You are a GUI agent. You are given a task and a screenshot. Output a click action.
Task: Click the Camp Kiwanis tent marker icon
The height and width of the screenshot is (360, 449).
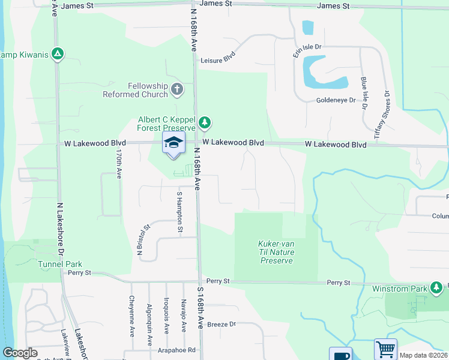[58, 54]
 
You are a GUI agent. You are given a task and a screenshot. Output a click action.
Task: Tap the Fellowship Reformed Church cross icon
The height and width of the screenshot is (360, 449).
[176, 90]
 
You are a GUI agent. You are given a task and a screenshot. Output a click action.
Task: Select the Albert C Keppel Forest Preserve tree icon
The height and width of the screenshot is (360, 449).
[205, 123]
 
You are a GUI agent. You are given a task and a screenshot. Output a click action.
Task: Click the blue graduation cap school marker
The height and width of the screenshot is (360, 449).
[173, 143]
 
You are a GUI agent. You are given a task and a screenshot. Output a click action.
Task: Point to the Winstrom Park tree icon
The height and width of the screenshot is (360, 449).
[436, 289]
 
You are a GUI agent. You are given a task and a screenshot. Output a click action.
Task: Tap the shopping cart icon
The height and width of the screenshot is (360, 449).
[385, 349]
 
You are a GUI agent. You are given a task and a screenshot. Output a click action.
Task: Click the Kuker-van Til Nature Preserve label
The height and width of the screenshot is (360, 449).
[276, 252]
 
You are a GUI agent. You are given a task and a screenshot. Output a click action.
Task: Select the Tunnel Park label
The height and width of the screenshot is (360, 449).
[59, 264]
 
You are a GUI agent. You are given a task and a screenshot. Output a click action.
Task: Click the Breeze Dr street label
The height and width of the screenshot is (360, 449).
[221, 325]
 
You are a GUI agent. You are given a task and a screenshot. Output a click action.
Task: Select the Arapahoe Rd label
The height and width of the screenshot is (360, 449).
[176, 350]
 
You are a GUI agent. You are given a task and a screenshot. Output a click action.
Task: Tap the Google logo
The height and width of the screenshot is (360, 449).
[20, 353]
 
